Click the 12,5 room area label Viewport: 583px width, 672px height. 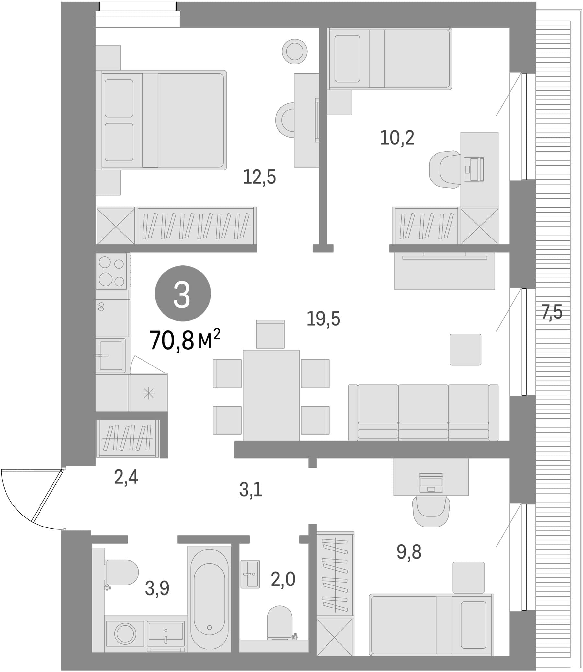coord(259,178)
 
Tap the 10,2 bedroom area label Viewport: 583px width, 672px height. coord(397,138)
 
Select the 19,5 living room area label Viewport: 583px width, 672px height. coord(323,319)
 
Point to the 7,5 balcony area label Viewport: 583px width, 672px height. coord(552,312)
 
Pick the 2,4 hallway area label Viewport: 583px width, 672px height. coord(126,477)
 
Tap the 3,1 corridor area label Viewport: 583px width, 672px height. coord(250,490)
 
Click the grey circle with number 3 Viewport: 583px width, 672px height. coord(183,294)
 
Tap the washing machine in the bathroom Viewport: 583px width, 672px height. coord(125,634)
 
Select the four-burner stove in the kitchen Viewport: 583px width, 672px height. coord(112,272)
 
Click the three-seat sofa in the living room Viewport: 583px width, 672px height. coord(423,412)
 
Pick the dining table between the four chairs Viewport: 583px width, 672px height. coord(271,395)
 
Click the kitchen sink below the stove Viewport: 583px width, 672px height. coord(111,356)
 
